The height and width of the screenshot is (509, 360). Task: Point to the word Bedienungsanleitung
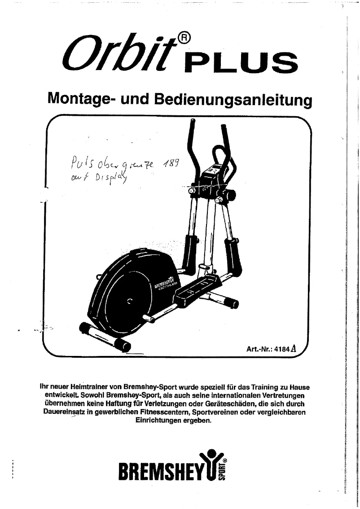click(233, 99)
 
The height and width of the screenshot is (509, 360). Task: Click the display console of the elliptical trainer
click(213, 173)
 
